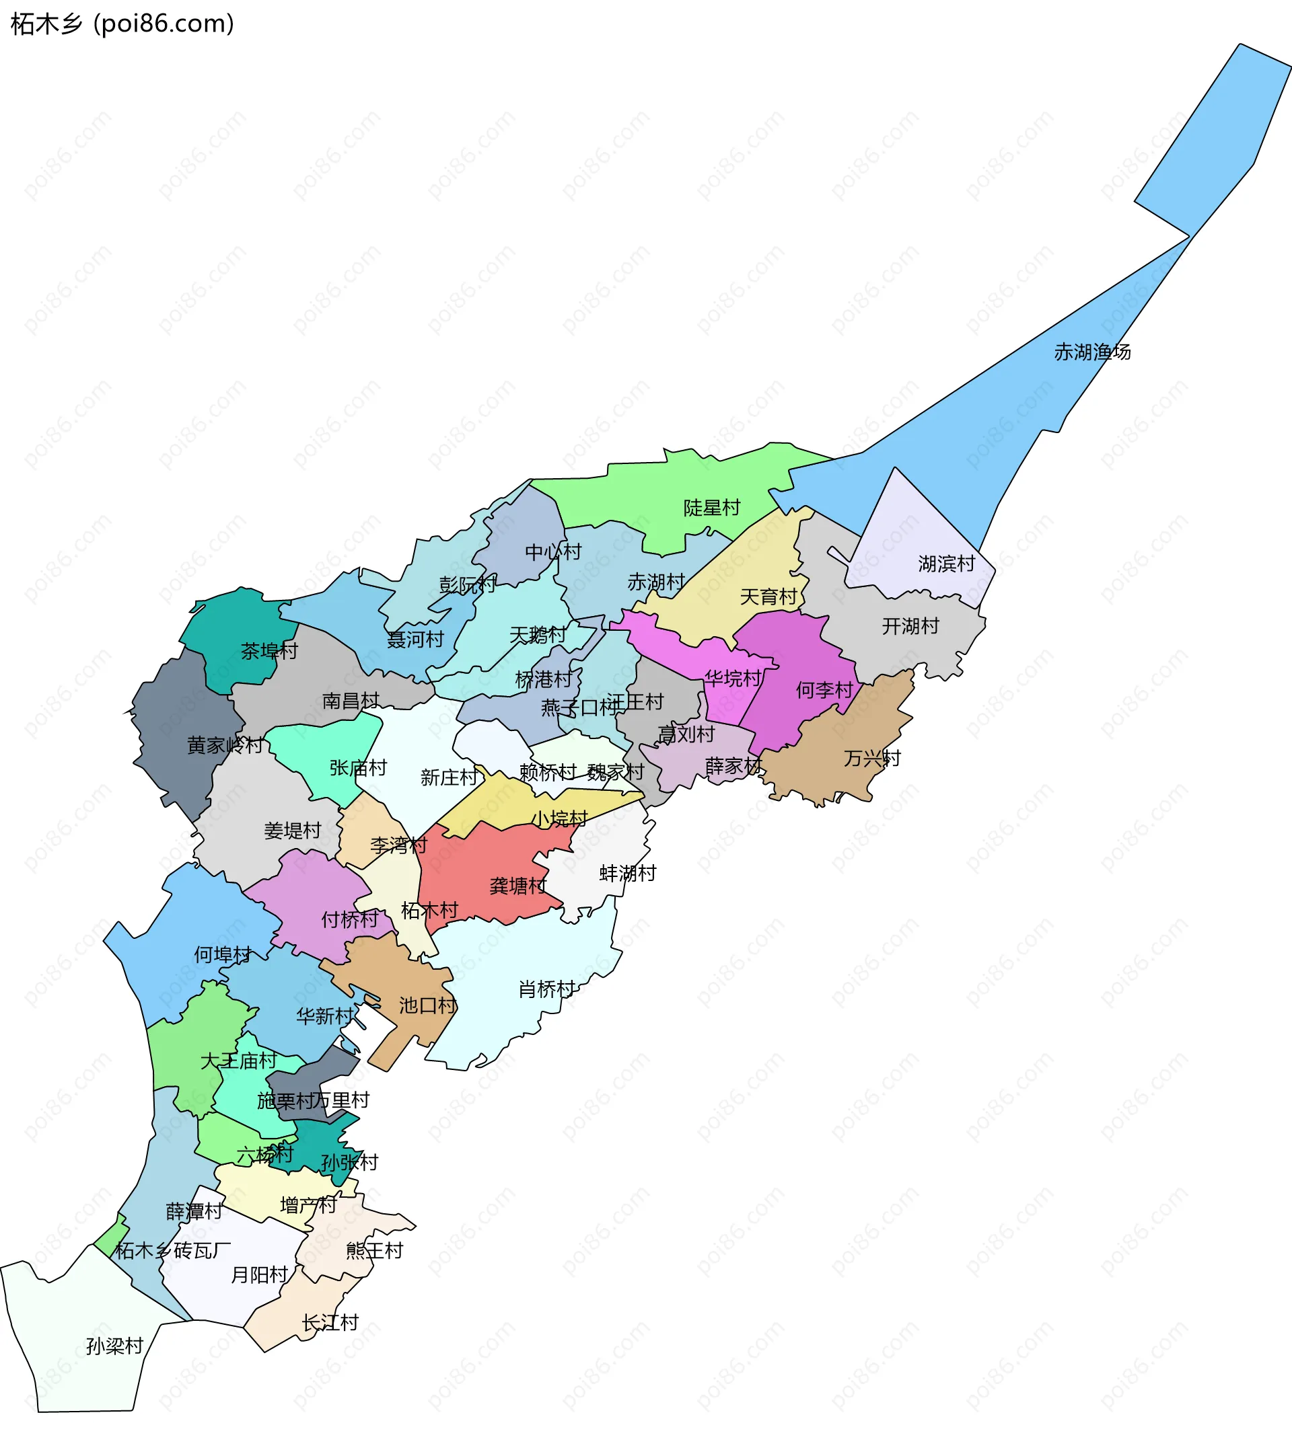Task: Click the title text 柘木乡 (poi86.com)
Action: [x=122, y=24]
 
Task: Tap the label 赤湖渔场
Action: [x=1091, y=352]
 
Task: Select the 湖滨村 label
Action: [x=946, y=564]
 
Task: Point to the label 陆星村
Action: [x=711, y=508]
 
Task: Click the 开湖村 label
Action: [x=910, y=626]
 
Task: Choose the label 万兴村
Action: [x=871, y=759]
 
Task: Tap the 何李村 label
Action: [x=824, y=690]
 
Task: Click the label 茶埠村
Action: [x=268, y=651]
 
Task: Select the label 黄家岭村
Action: [x=225, y=746]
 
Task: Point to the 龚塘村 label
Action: [x=518, y=886]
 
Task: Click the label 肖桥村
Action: [x=546, y=989]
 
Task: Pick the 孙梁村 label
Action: [x=115, y=1346]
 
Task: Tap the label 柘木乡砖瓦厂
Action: [x=172, y=1250]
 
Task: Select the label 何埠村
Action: [x=222, y=955]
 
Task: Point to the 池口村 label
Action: [x=427, y=1006]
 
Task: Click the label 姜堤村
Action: [x=292, y=831]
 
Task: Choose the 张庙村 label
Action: [x=358, y=768]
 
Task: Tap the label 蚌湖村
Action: [x=627, y=874]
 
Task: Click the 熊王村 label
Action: [x=374, y=1250]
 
